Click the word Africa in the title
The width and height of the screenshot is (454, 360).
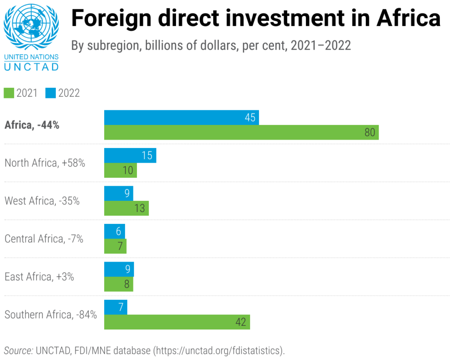408,19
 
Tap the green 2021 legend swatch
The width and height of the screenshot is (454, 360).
9,93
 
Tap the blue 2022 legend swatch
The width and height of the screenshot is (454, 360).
50,93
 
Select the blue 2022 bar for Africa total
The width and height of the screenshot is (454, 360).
181,117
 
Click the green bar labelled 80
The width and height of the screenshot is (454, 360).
241,133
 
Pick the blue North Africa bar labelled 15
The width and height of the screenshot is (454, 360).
130,156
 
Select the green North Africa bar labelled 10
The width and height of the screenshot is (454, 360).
120,170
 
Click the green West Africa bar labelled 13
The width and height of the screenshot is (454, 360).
126,208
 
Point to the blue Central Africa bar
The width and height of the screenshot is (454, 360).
114,231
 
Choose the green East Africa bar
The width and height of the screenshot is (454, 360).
118,284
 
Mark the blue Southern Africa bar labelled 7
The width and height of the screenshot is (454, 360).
115,307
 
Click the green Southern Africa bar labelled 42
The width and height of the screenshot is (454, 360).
177,322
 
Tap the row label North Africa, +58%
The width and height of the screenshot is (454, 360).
45,163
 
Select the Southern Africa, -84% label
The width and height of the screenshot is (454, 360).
51,315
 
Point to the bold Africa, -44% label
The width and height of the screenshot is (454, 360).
32,125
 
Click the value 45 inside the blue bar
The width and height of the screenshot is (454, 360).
250,117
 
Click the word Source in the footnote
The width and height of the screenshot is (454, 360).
19,351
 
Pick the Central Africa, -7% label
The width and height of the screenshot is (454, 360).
44,239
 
